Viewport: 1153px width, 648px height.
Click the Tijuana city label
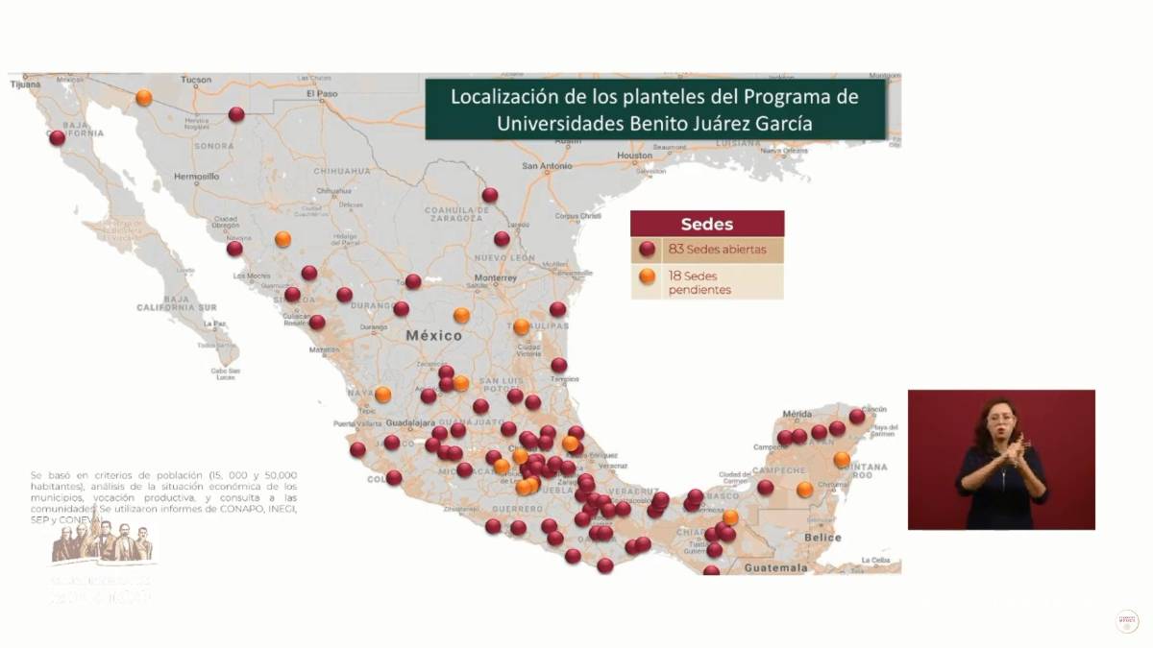(x=25, y=84)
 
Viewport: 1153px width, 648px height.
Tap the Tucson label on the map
(x=195, y=79)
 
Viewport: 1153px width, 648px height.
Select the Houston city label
(x=633, y=155)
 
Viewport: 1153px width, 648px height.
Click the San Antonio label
(x=547, y=165)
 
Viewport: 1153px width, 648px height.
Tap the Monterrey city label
(x=495, y=278)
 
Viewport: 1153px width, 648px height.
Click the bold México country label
(x=433, y=336)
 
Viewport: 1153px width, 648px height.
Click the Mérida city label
(x=797, y=414)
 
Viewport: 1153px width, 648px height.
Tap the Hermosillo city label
(x=197, y=177)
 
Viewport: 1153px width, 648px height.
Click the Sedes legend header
(x=706, y=225)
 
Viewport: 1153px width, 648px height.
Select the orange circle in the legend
(x=648, y=276)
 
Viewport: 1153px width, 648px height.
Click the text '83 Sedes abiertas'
(x=717, y=250)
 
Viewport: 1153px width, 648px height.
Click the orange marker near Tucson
(x=144, y=98)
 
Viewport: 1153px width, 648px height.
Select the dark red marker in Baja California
(x=57, y=138)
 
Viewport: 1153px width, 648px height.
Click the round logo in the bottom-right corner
(x=1126, y=621)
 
